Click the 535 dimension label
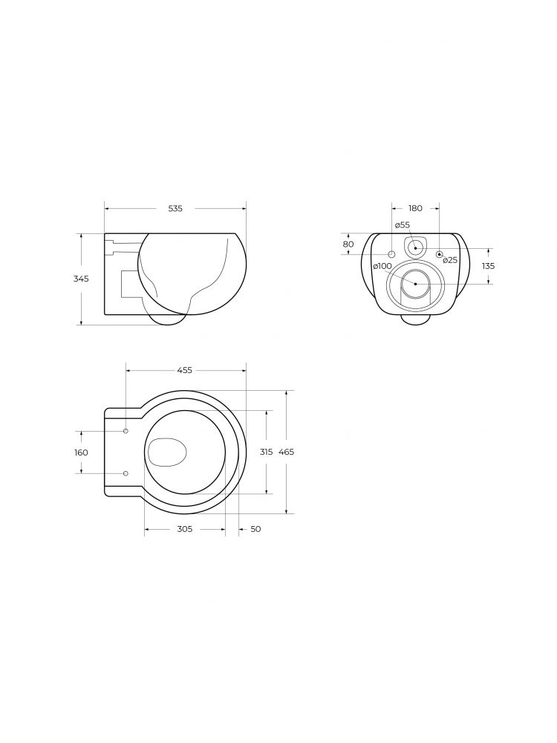click(175, 209)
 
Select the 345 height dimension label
click(81, 279)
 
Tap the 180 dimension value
click(415, 209)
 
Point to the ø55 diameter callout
click(402, 225)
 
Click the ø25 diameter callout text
click(451, 259)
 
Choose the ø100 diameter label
click(382, 266)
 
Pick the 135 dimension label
click(488, 266)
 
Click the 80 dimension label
click(348, 244)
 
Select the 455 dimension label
click(185, 371)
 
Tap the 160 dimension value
click(81, 452)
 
